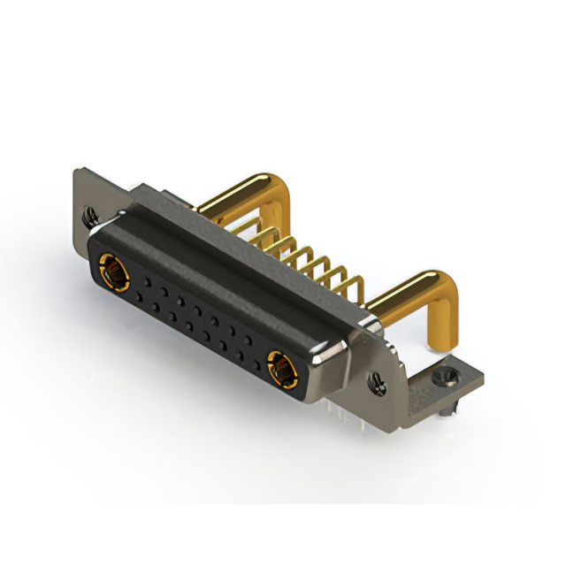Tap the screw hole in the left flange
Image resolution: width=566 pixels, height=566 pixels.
(88, 213)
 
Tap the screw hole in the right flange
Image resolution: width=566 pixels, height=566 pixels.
(379, 383)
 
